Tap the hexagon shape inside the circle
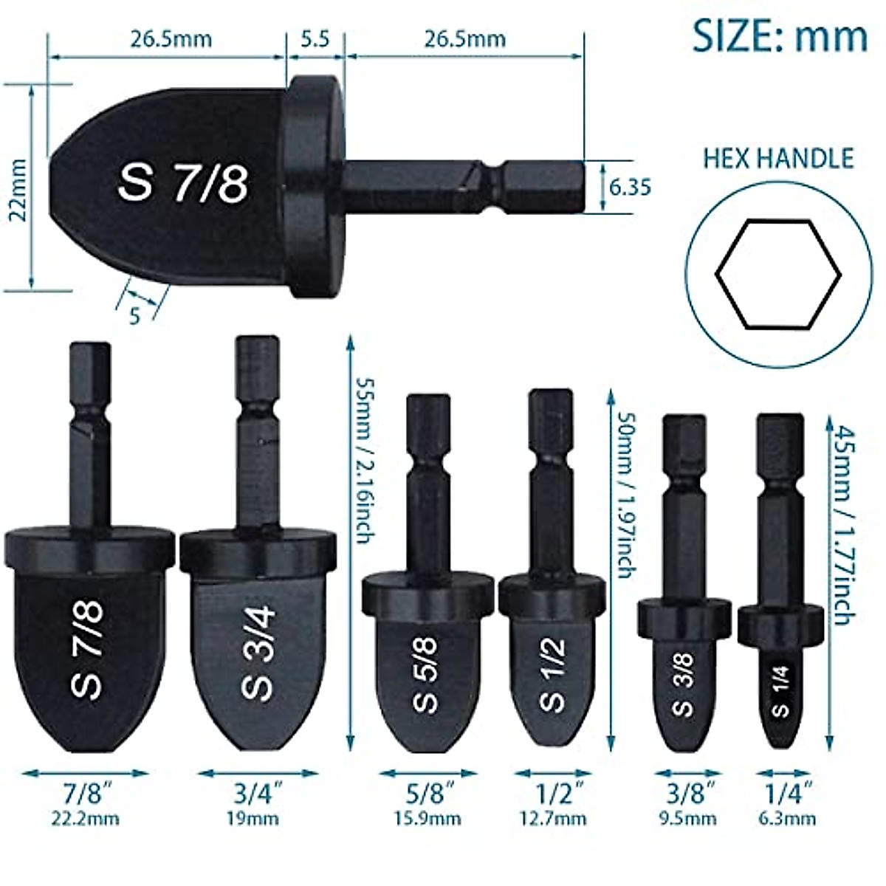click(778, 274)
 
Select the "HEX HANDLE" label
click(778, 158)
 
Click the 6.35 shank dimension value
click(630, 188)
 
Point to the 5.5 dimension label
click(315, 38)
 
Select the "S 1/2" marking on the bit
click(552, 674)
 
